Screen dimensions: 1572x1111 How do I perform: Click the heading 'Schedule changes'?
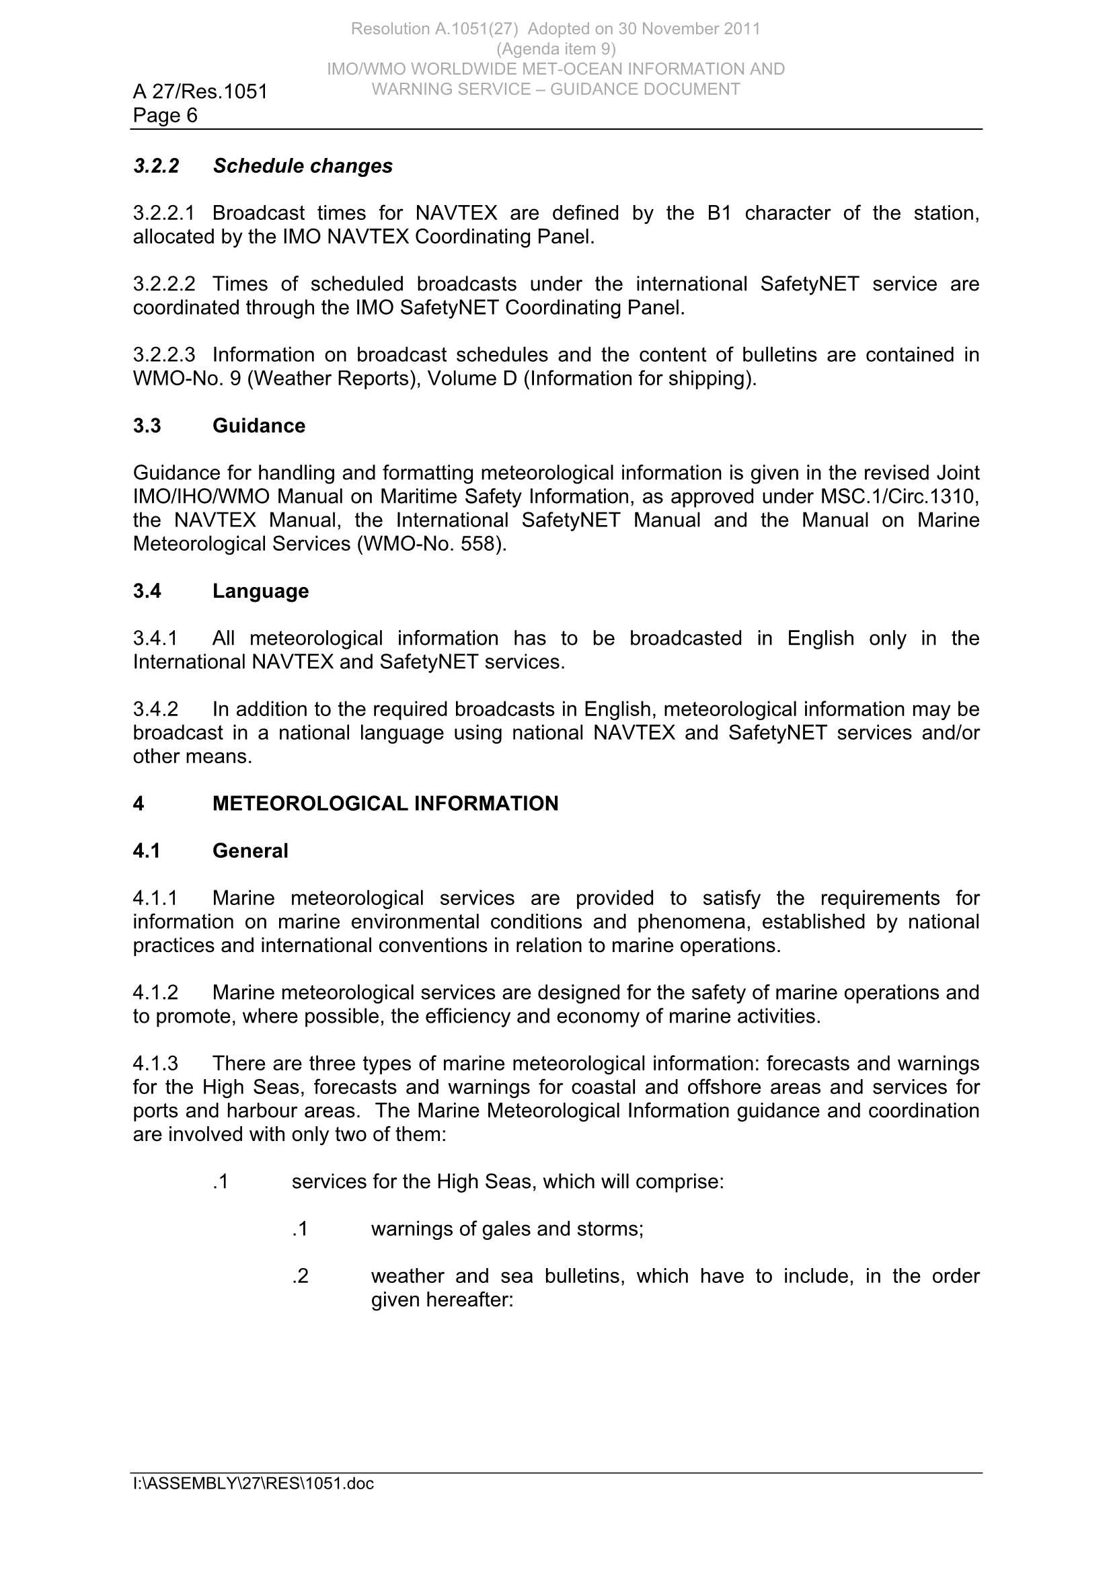tap(303, 166)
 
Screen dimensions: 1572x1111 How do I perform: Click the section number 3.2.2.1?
tap(163, 214)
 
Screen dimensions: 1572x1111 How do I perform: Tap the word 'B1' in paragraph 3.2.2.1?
tap(719, 214)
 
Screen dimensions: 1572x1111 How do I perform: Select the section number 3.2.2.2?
tap(163, 284)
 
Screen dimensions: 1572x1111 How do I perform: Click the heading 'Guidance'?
tap(259, 426)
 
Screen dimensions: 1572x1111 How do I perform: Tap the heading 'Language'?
tap(260, 592)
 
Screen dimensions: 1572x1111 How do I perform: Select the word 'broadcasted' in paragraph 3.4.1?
tap(686, 639)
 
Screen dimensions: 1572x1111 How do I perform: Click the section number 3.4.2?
tap(155, 709)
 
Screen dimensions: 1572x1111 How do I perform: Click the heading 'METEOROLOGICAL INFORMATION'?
tap(385, 803)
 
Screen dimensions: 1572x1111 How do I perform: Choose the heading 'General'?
tap(250, 851)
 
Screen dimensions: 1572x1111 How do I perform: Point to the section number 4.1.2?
tap(155, 993)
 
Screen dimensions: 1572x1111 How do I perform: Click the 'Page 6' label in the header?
tap(165, 116)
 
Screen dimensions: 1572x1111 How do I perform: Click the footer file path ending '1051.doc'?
tap(254, 1484)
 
